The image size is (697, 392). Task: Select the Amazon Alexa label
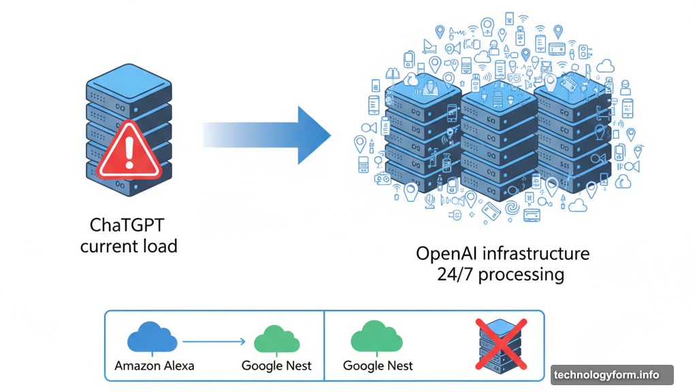click(155, 365)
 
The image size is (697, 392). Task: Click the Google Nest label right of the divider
click(378, 365)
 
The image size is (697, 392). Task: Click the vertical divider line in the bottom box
click(325, 346)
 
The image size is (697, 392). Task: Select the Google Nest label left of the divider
click(276, 365)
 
